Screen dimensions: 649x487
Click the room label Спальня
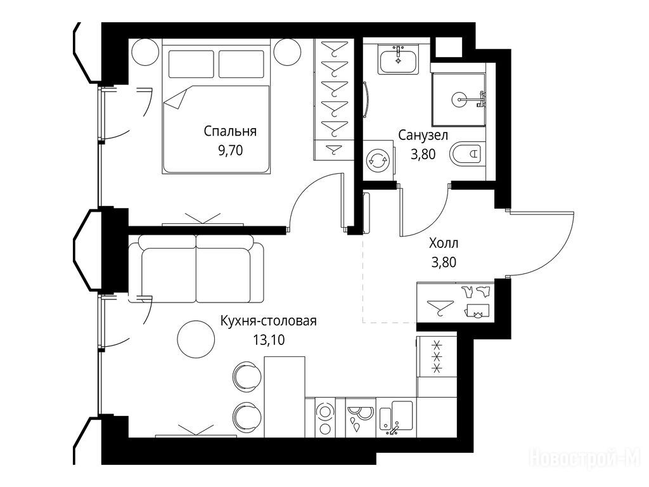230,132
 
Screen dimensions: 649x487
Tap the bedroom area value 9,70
231,151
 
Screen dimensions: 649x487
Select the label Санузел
423,135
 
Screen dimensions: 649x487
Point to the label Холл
444,243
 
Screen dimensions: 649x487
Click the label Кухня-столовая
269,321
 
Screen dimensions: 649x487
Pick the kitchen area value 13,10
269,340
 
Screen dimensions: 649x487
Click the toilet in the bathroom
468,155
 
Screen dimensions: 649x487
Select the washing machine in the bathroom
378,160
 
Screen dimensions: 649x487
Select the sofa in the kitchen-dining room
196,268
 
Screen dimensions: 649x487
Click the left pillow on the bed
191,64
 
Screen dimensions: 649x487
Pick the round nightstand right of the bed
288,52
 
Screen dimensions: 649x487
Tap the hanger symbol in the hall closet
440,307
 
